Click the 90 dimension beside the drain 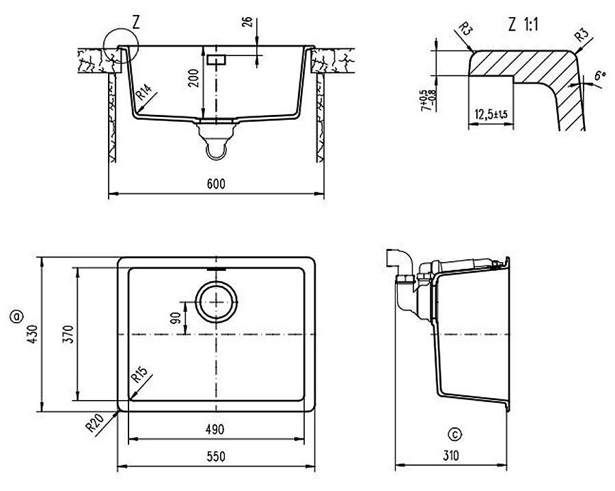tap(176, 319)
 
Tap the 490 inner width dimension tap(215, 429)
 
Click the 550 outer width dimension tap(215, 457)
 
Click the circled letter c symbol tap(456, 434)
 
